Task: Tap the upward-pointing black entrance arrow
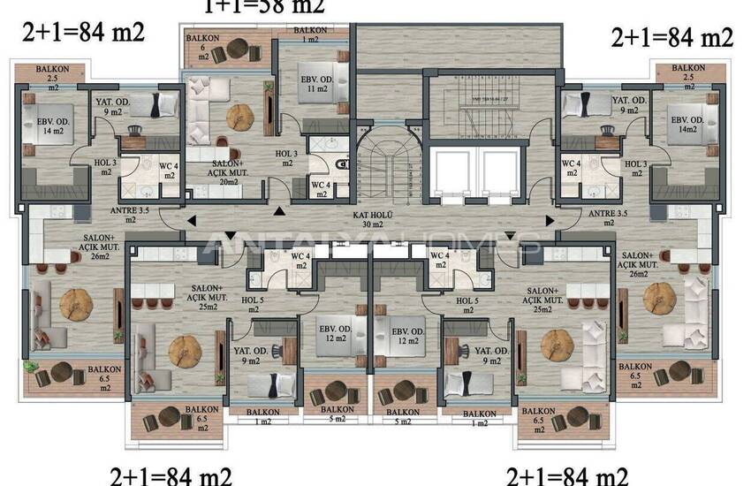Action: pyautogui.click(x=280, y=210)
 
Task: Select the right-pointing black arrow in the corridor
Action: pyautogui.click(x=550, y=221)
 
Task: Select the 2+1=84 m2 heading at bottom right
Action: pyautogui.click(x=567, y=476)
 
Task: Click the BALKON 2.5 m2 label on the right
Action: pyautogui.click(x=687, y=76)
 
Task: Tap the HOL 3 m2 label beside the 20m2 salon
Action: pyautogui.click(x=284, y=159)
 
